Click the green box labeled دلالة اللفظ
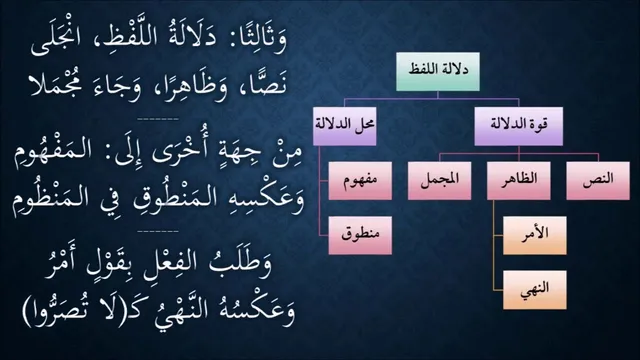pos(438,71)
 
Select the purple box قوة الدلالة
pos(518,126)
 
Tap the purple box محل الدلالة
pos(344,126)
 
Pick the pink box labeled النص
pos(598,181)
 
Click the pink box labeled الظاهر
pos(518,181)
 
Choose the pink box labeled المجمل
pos(439,181)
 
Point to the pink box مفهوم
pos(360,181)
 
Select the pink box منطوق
pos(360,236)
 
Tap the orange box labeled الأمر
pos(535,236)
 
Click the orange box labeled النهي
pos(535,290)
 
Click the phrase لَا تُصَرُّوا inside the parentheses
pos(66,311)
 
